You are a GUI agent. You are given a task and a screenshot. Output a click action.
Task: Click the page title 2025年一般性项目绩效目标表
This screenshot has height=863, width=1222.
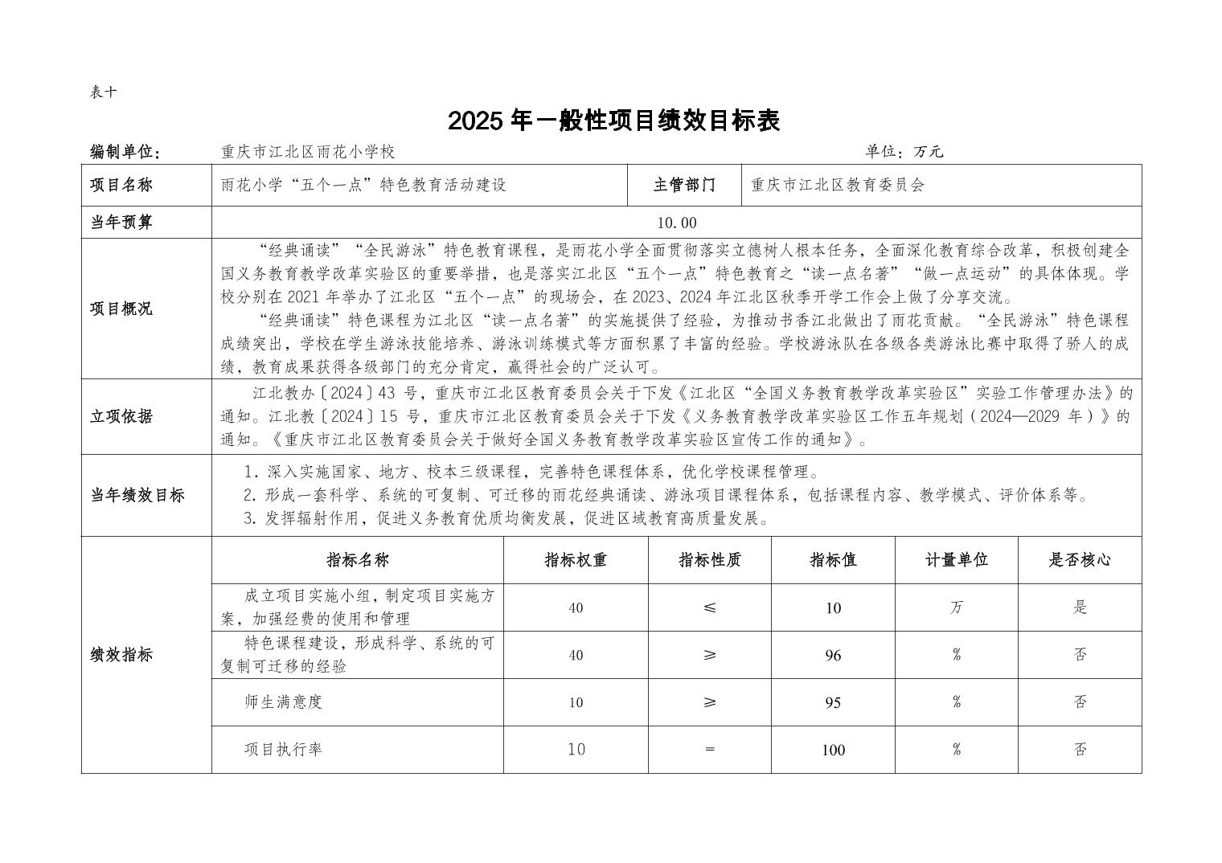[x=613, y=121]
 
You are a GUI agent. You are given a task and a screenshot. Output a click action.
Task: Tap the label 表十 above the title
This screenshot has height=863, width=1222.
[x=103, y=92]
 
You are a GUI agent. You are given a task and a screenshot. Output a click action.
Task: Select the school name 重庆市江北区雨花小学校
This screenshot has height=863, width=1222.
[x=308, y=152]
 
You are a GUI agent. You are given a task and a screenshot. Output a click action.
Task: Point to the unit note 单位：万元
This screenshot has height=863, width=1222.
[x=904, y=152]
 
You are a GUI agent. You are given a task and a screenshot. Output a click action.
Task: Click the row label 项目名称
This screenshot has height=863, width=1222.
[x=121, y=185]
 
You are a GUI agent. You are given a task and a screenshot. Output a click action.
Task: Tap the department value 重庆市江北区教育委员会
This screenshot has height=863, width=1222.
[x=838, y=185]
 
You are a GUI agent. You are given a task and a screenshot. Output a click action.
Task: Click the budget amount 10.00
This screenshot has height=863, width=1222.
[x=676, y=223]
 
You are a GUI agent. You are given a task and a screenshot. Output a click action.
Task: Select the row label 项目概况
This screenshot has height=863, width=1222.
[x=121, y=309]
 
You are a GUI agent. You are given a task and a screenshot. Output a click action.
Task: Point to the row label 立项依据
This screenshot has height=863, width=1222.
[x=121, y=416]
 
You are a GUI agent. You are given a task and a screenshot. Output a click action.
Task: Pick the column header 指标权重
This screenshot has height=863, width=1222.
[x=576, y=560]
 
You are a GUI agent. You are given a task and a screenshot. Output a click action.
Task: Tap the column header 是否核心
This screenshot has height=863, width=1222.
[x=1079, y=560]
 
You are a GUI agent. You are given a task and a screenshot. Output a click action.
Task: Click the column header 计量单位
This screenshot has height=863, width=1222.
[x=956, y=560]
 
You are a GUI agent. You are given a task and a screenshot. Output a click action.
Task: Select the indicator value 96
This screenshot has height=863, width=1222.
[x=833, y=655]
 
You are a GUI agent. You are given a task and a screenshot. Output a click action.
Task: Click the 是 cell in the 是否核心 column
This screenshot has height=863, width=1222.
[x=1080, y=607]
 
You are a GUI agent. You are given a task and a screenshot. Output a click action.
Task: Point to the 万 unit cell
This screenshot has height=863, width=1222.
[x=956, y=607]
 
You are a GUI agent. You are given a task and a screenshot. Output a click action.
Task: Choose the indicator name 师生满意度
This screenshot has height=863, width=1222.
[x=283, y=702]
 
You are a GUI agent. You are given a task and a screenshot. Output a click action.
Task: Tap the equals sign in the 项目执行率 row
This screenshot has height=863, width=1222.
[x=709, y=750]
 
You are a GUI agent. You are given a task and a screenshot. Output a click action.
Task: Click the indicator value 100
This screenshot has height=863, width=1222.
[x=833, y=750]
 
